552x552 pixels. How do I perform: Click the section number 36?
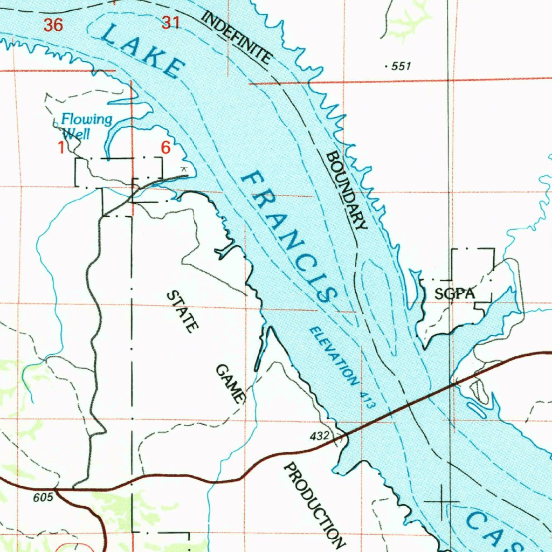(x=53, y=25)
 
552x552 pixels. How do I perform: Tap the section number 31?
(x=170, y=23)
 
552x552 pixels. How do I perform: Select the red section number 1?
(x=61, y=147)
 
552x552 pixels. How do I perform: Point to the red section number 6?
(x=165, y=147)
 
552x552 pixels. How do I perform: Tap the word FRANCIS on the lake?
(x=289, y=236)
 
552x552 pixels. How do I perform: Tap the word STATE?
(x=183, y=312)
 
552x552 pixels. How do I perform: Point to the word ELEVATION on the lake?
(x=334, y=356)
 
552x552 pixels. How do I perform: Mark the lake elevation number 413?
(x=366, y=398)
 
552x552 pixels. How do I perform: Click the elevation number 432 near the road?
(x=320, y=435)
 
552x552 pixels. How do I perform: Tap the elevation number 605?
(x=43, y=497)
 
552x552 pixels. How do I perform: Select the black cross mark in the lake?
(x=442, y=502)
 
